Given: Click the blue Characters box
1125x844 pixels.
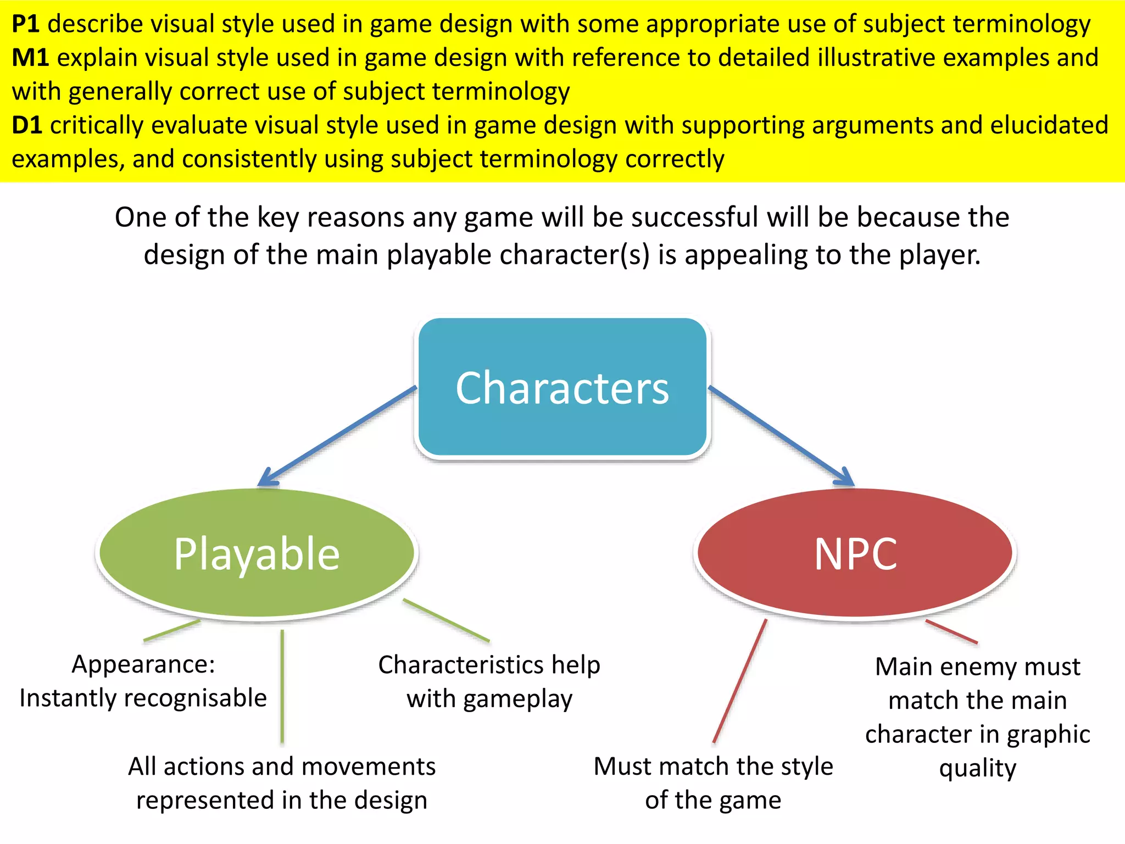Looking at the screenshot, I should (562, 387).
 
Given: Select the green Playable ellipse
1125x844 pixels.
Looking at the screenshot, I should (257, 553).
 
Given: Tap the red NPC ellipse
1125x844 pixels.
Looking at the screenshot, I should (855, 553).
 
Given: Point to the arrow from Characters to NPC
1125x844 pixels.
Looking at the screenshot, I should (780, 436).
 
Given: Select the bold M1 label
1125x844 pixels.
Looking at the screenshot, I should (30, 58).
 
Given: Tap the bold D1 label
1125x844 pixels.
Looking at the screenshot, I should (27, 125).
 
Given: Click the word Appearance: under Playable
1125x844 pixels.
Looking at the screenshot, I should (143, 664).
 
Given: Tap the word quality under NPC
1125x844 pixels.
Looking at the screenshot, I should (978, 768).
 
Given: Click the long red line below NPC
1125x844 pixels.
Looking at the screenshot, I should (739, 681).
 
